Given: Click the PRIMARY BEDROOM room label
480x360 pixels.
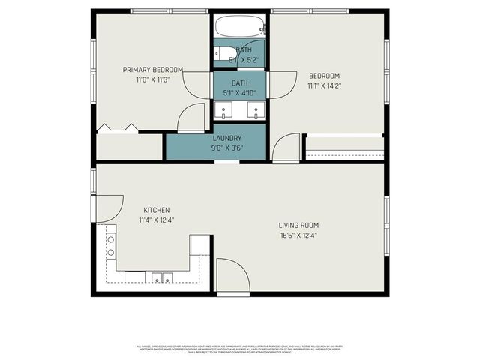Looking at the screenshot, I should pyautogui.click(x=153, y=70).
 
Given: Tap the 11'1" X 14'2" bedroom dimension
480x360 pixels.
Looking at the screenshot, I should pyautogui.click(x=325, y=85).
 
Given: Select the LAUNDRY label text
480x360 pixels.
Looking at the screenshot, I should pyautogui.click(x=227, y=138).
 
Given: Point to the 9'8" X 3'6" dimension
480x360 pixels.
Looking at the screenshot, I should pyautogui.click(x=227, y=148).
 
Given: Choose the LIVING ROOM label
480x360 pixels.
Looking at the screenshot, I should pyautogui.click(x=299, y=225).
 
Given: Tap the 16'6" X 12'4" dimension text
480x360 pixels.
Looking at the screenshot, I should pyautogui.click(x=299, y=235).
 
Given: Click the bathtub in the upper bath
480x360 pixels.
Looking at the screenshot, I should pyautogui.click(x=240, y=28).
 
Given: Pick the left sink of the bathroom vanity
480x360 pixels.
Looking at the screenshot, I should pyautogui.click(x=224, y=112).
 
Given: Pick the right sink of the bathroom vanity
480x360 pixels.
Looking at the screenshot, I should pyautogui.click(x=256, y=112).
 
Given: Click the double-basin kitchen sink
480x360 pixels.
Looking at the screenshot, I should pyautogui.click(x=160, y=278).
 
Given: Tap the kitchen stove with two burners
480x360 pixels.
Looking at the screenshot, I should pyautogui.click(x=111, y=246).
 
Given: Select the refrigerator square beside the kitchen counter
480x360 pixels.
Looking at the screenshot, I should pyautogui.click(x=200, y=245).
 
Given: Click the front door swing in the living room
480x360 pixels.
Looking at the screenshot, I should pyautogui.click(x=232, y=276).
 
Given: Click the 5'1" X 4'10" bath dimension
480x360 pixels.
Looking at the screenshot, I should pyautogui.click(x=239, y=93).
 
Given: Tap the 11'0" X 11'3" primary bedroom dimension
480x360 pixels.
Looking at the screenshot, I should pyautogui.click(x=153, y=79).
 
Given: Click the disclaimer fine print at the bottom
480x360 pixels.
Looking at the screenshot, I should pyautogui.click(x=240, y=349).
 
